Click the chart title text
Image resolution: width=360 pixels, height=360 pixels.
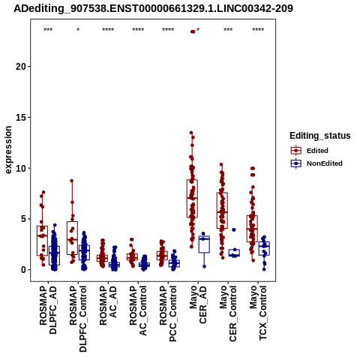pos(153,8)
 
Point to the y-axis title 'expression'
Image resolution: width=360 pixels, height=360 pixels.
pos(8,150)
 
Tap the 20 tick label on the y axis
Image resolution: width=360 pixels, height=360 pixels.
pos(20,67)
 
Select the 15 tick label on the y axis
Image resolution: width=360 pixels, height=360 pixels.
pos(20,117)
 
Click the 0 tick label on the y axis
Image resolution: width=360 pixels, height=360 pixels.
pos(23,270)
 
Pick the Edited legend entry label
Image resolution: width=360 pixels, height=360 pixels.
pos(317,151)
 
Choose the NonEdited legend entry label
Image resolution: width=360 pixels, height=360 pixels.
pos(325,163)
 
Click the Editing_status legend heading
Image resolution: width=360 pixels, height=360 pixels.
pos(320,136)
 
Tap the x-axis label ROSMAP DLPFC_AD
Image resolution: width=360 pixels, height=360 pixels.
pos(48,310)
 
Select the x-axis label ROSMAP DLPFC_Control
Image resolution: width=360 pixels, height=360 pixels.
pos(78,319)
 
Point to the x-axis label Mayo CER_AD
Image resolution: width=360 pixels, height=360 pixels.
pos(198,304)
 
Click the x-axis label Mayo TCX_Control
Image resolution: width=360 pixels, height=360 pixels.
pos(258,313)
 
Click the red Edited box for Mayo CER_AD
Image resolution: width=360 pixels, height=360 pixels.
pos(192,199)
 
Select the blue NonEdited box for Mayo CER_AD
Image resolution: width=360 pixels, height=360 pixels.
pos(204,244)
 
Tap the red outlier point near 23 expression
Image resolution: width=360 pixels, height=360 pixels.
pos(193,31)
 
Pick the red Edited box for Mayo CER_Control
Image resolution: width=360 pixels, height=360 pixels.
pos(222,211)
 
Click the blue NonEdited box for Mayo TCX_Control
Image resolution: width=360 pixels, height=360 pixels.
pos(264,248)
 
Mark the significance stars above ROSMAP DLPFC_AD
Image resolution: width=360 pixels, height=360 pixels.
pos(48,29)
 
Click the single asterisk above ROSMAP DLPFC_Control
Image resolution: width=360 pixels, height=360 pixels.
pos(78,29)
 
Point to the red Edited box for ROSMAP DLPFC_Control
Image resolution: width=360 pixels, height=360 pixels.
pos(72,238)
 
